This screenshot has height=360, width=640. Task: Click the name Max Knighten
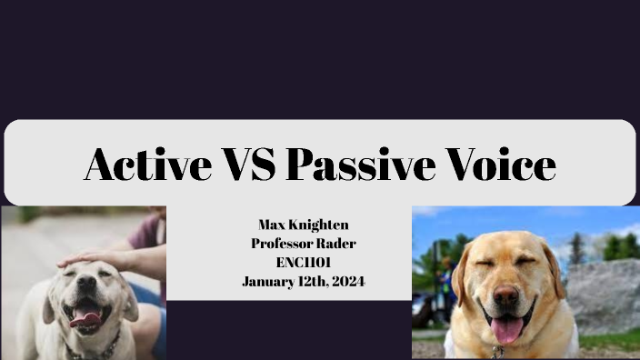[x=303, y=224]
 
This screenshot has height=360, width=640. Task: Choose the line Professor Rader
[x=303, y=243]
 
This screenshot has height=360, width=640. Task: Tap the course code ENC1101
[x=303, y=262]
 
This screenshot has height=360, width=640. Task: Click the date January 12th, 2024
[x=303, y=281]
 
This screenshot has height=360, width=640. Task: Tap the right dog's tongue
[x=506, y=328]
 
